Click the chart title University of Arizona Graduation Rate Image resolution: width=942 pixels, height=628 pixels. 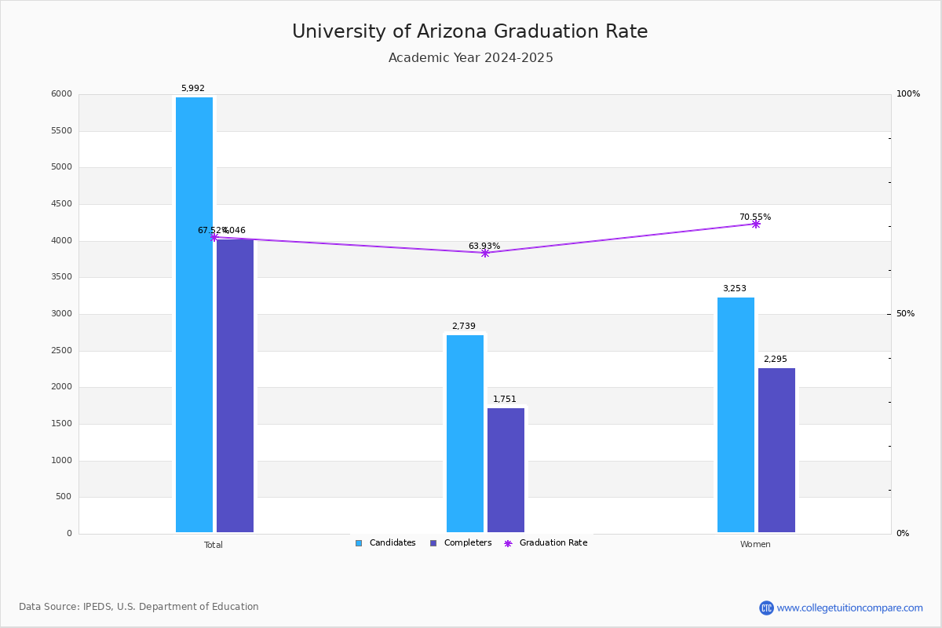tap(469, 32)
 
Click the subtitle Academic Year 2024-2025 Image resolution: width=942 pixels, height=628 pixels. tap(470, 58)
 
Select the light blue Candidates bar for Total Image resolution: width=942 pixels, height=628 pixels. tap(194, 314)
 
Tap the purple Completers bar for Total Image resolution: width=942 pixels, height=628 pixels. tap(235, 385)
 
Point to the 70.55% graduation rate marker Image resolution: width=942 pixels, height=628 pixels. tap(755, 224)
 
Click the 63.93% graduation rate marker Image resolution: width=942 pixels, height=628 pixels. tap(484, 253)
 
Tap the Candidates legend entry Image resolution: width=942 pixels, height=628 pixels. tap(385, 543)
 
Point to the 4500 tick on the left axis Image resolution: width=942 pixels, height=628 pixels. tap(61, 204)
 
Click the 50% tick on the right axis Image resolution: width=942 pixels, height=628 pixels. tap(905, 314)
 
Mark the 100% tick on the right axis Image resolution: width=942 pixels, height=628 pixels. tap(907, 94)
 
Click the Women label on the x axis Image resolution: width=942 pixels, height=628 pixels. tap(755, 545)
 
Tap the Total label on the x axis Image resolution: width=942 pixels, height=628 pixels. tap(214, 545)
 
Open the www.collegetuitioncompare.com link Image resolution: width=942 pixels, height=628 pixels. tap(849, 608)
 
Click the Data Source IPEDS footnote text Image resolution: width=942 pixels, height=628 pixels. tap(139, 607)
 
